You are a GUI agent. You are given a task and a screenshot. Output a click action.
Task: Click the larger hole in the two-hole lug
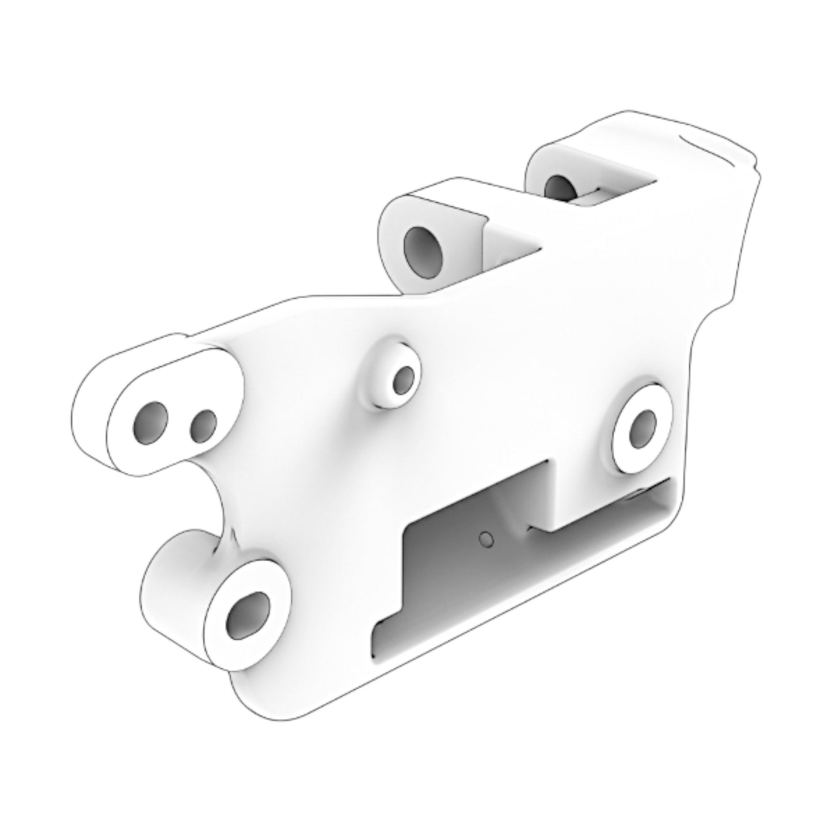point(151,424)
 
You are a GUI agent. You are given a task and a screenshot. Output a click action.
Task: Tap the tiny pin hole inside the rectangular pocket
point(487,539)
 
